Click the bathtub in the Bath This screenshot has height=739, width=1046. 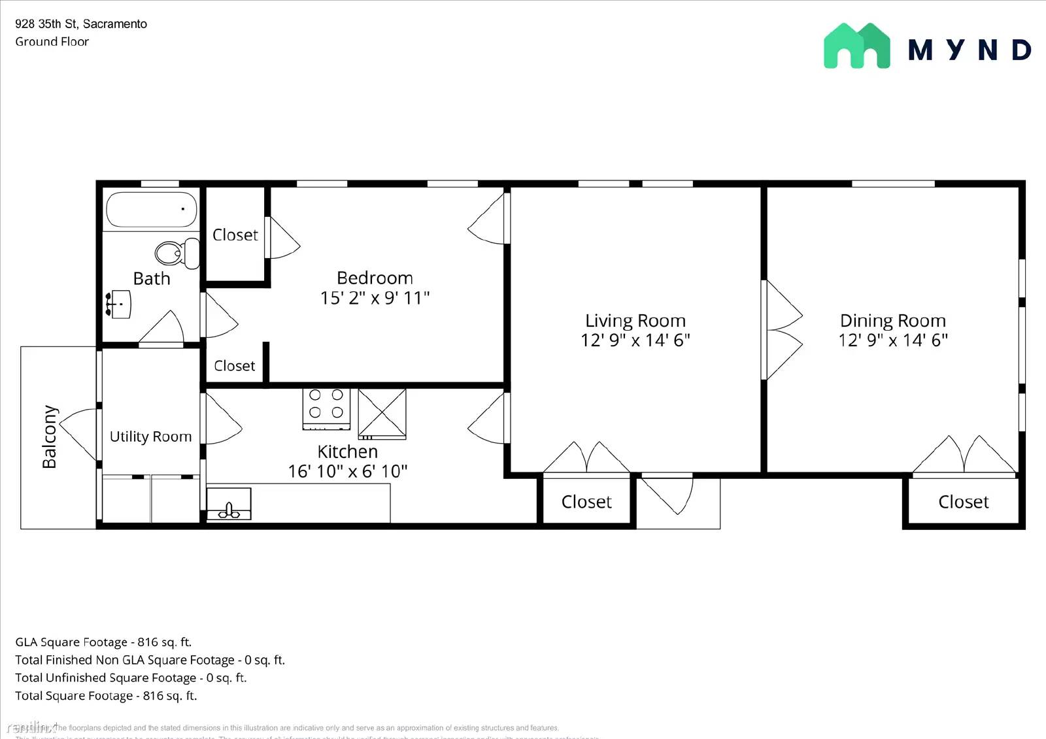point(151,209)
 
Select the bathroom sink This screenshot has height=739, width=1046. point(120,304)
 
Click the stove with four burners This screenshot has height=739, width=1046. point(326,409)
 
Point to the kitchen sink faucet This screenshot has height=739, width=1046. point(229,510)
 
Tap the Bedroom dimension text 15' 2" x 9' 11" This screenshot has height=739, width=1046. point(375,298)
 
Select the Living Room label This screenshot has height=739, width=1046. point(635,321)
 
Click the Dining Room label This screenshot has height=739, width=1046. point(892,321)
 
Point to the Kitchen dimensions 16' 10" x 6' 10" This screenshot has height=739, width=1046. point(347,471)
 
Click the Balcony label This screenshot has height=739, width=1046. point(50,436)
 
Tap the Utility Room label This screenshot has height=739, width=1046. point(150,436)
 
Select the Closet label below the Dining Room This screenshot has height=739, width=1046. point(963,502)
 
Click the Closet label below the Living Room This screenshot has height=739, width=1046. point(586,502)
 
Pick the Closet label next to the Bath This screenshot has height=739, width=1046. point(235,235)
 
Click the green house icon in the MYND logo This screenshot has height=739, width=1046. point(856,46)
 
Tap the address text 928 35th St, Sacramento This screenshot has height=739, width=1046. point(81,24)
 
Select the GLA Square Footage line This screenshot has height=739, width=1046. point(103,642)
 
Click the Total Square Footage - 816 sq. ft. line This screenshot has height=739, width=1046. point(106,696)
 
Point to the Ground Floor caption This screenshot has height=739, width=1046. point(52,42)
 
